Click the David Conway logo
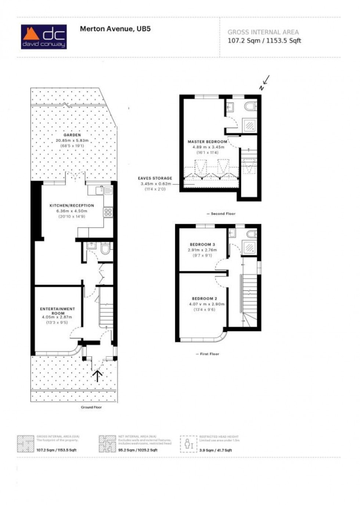(x=44, y=37)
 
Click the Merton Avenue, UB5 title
(x=115, y=29)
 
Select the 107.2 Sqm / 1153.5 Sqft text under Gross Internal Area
(x=264, y=41)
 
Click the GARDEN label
(x=72, y=135)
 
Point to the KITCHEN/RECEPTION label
(x=72, y=206)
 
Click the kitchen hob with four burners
(x=108, y=212)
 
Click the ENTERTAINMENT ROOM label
(x=58, y=311)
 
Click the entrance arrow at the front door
(x=97, y=376)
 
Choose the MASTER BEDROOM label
(x=208, y=142)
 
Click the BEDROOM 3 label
(x=202, y=244)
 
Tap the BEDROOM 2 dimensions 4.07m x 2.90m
(x=207, y=304)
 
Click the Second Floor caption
(x=221, y=214)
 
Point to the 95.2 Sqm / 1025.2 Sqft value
(x=138, y=450)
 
